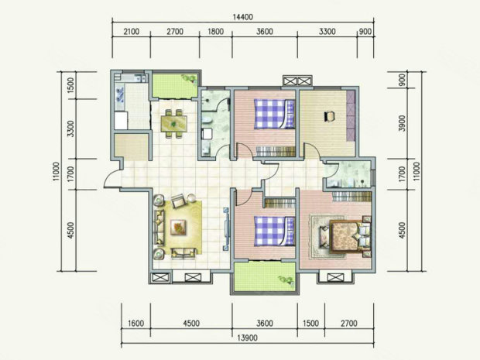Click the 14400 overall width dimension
pos(243,16)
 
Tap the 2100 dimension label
pos(132,32)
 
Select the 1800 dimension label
pos(215,32)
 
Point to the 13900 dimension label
pos(247,338)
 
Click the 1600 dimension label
pos(135,324)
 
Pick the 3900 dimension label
pos(403,123)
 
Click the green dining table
pos(174,123)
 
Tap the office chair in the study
pos(329,116)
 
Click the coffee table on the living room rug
pos(179,228)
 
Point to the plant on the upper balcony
pos(190,79)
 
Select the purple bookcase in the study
pos(351,115)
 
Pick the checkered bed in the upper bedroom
pos(274,114)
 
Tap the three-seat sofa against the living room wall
pos(159,228)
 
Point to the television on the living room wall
pos(227,228)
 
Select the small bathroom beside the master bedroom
pos(349,173)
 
